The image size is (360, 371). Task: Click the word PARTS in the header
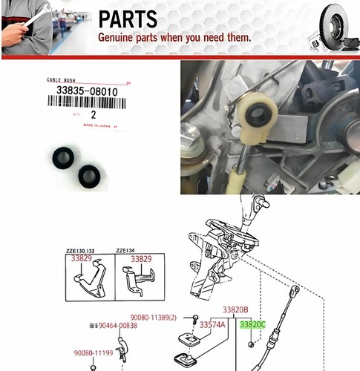128,19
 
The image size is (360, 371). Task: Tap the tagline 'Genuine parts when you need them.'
174,37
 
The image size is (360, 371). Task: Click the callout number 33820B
236,309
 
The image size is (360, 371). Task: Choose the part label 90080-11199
93,353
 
